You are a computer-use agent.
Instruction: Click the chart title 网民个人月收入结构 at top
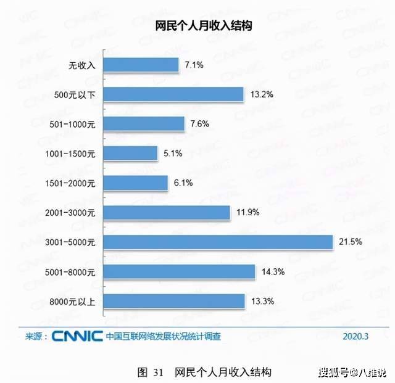click(203, 26)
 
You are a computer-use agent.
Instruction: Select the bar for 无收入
click(141, 65)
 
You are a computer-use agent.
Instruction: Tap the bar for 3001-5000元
click(218, 242)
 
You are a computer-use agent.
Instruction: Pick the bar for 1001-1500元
click(130, 153)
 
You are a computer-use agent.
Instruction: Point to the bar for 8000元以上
click(174, 301)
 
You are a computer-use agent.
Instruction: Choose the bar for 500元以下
click(173, 94)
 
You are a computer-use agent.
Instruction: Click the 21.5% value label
click(351, 242)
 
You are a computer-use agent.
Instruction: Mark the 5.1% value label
click(173, 153)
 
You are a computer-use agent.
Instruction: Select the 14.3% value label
click(273, 272)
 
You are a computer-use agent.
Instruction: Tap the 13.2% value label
click(262, 94)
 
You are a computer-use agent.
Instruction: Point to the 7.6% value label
click(200, 124)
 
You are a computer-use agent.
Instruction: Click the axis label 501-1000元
click(72, 124)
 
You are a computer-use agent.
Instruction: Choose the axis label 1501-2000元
click(70, 183)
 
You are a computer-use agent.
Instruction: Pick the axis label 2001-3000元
click(70, 213)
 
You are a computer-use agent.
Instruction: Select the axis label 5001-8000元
click(70, 272)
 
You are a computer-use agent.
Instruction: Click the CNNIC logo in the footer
click(77, 336)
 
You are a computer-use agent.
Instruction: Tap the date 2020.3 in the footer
click(355, 336)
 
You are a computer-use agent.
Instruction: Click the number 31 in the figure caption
click(159, 372)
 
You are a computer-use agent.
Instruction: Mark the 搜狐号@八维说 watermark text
click(352, 372)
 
